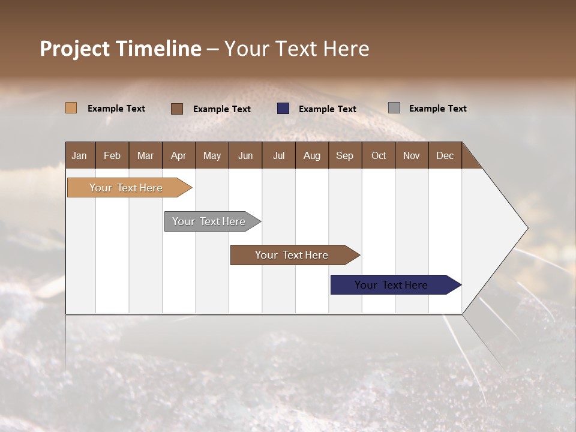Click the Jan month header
(79, 155)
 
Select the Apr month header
(178, 155)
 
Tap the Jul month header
(278, 155)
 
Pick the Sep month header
(344, 155)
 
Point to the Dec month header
(445, 155)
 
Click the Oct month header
(379, 155)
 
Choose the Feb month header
(112, 155)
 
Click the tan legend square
(71, 108)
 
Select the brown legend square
(176, 109)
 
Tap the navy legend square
(283, 109)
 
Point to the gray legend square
(394, 108)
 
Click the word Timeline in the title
(158, 49)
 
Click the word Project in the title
(74, 49)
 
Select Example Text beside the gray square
(437, 109)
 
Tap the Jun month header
(245, 155)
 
